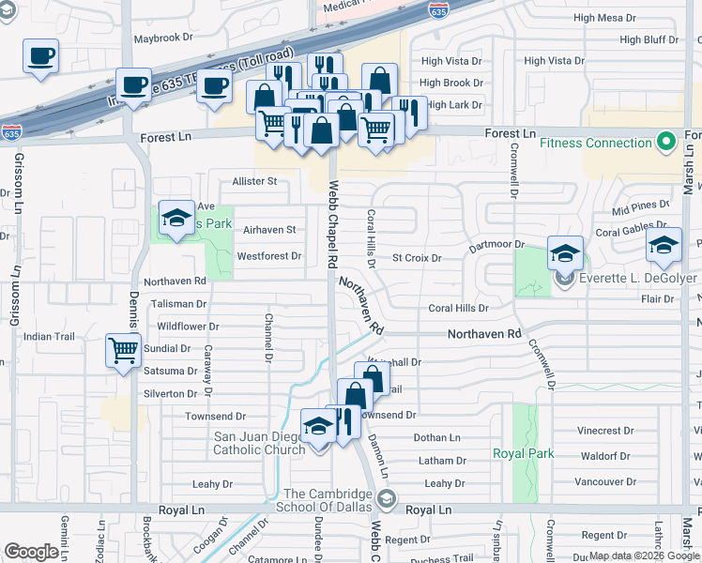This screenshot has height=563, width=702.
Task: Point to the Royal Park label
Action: (524, 453)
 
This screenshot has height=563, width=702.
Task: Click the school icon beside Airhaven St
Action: (175, 221)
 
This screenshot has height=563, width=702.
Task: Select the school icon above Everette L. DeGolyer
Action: (565, 253)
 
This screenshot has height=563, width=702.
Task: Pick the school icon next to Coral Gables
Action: (664, 246)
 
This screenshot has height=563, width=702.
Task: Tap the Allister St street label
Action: (255, 181)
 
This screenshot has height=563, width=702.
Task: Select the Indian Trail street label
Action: (49, 336)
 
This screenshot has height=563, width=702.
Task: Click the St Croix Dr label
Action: (417, 257)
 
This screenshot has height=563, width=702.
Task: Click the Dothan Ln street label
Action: (437, 438)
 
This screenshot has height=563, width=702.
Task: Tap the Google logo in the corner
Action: (31, 551)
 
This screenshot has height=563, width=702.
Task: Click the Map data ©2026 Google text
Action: (643, 555)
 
